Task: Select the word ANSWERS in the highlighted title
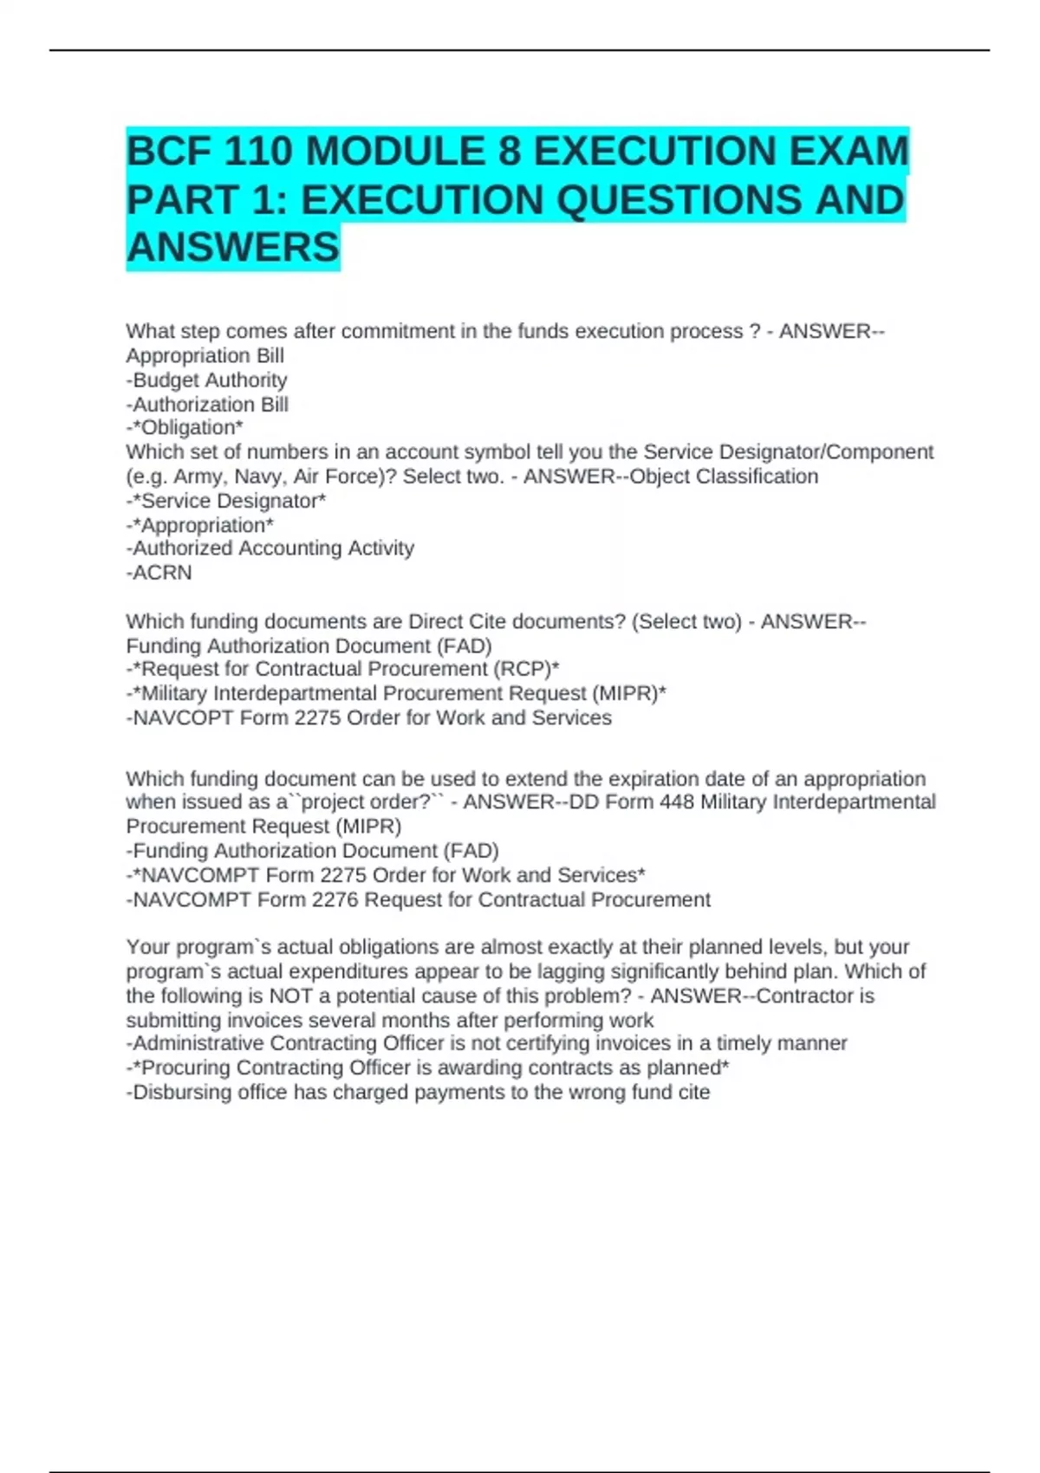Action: [x=233, y=248]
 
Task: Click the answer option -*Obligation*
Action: [x=185, y=428]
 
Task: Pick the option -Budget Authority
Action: [x=206, y=380]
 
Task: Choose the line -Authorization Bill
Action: [x=207, y=405]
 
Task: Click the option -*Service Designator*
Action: [x=226, y=501]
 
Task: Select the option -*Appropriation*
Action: [x=200, y=525]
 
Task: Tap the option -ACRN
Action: [x=159, y=573]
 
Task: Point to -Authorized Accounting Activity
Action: [x=270, y=548]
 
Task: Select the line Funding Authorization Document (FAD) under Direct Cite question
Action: [x=309, y=646]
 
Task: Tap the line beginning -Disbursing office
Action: [x=419, y=1093]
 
